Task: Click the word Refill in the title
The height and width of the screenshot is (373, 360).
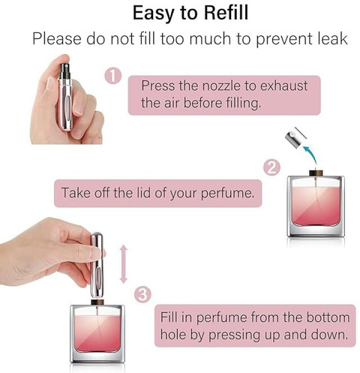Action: [x=226, y=13]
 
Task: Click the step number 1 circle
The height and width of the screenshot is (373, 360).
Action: [x=113, y=76]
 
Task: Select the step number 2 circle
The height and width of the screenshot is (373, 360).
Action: [x=272, y=167]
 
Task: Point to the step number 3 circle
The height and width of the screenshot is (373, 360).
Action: [x=142, y=295]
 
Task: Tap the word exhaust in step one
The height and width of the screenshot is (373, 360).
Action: [x=283, y=86]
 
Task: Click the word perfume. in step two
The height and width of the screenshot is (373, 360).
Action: [x=227, y=194]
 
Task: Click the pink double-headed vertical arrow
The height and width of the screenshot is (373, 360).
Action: [x=124, y=264]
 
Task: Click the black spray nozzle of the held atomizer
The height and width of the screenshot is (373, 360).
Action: [x=65, y=71]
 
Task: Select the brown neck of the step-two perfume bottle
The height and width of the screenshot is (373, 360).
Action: [x=316, y=173]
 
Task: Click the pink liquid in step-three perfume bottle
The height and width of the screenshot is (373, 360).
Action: [x=97, y=333]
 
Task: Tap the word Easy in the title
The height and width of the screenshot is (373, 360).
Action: [x=153, y=14]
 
